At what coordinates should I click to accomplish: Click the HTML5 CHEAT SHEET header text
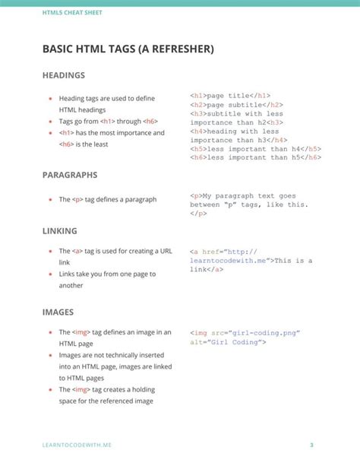[x=72, y=14]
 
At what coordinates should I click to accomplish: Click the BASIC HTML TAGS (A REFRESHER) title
[x=128, y=49]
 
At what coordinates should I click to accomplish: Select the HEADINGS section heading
[x=63, y=76]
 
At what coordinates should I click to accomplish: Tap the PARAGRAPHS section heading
[x=70, y=175]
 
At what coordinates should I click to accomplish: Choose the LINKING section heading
[x=59, y=230]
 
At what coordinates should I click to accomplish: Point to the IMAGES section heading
[x=58, y=312]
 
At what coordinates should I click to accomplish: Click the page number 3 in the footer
[x=311, y=444]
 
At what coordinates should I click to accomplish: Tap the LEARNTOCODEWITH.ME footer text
[x=77, y=444]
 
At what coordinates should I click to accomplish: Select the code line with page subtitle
[x=236, y=105]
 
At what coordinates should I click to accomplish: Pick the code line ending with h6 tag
[x=256, y=157]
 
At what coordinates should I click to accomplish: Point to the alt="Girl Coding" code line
[x=228, y=342]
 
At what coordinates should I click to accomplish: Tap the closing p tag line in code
[x=198, y=214]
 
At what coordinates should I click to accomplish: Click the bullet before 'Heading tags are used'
[x=50, y=99]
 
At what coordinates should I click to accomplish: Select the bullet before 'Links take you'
[x=50, y=274]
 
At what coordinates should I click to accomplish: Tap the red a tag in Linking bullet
[x=77, y=251]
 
